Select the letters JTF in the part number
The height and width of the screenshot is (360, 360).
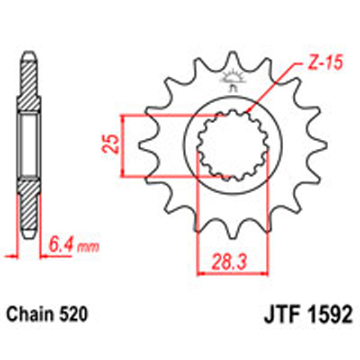click(283, 314)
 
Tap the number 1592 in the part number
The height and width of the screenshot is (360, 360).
click(329, 314)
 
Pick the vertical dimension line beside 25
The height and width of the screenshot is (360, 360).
click(123, 146)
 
